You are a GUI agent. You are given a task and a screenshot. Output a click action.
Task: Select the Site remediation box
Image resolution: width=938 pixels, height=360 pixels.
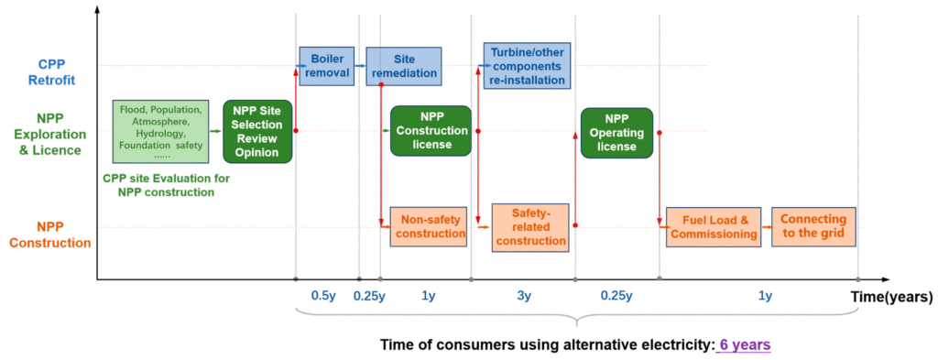pyautogui.click(x=404, y=66)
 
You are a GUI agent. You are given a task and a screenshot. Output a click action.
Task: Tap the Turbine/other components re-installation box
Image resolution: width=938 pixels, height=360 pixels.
pyautogui.click(x=527, y=65)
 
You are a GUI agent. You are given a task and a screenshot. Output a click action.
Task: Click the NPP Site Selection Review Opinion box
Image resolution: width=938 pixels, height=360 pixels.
pyautogui.click(x=257, y=132)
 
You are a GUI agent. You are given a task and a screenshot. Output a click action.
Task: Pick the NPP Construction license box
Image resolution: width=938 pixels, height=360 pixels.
pyautogui.click(x=431, y=132)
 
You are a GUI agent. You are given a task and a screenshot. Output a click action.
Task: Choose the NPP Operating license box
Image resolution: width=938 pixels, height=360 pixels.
pyautogui.click(x=616, y=133)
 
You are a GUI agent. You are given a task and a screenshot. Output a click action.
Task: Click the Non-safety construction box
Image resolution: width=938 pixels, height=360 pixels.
pyautogui.click(x=429, y=226)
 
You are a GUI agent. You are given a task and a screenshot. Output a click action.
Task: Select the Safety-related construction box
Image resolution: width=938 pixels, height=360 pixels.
pyautogui.click(x=531, y=227)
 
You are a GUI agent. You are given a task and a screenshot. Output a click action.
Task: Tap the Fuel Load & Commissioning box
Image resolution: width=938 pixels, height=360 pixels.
pyautogui.click(x=713, y=227)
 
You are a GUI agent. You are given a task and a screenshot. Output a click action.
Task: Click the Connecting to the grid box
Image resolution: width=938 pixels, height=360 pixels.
pyautogui.click(x=813, y=226)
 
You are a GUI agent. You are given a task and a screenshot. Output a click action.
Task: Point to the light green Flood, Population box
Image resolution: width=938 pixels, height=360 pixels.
pyautogui.click(x=161, y=132)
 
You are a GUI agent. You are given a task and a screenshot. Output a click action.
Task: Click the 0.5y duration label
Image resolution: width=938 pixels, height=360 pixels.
pyautogui.click(x=324, y=296)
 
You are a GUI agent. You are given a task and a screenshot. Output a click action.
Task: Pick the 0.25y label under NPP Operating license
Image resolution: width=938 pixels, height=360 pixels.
pyautogui.click(x=616, y=296)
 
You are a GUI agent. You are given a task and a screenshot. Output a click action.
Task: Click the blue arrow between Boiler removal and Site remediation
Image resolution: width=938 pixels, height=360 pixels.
pyautogui.click(x=360, y=65)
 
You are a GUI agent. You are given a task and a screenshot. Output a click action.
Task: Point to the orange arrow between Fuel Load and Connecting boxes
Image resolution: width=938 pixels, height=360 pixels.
pyautogui.click(x=766, y=227)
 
